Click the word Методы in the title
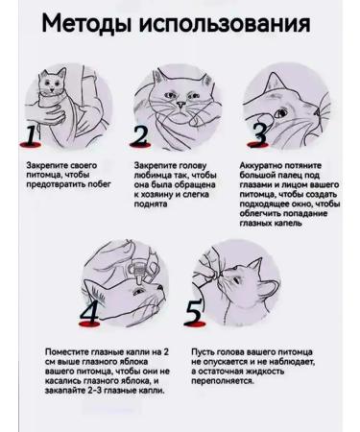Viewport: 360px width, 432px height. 86,24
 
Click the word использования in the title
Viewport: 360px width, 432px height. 225,23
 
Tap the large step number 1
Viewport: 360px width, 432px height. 31,135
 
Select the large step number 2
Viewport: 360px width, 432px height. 140,135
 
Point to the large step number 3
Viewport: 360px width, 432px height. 260,134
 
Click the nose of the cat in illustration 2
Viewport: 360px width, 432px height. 180,105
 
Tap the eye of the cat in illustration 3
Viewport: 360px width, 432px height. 282,113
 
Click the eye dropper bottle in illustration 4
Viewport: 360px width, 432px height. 138,273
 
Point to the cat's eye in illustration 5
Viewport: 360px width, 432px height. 236,280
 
